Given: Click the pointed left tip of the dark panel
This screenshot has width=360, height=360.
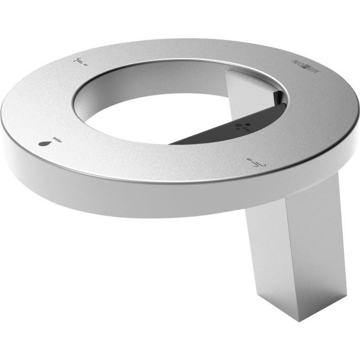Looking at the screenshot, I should point(172,142).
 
